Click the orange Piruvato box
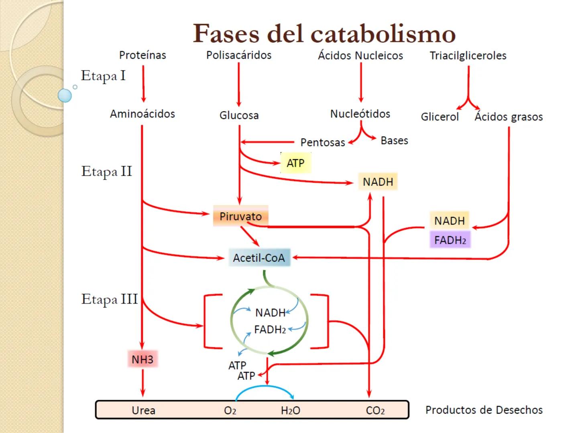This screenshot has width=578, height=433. click(x=240, y=216)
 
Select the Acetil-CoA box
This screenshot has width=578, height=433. click(x=259, y=258)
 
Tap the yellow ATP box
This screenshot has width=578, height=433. click(x=295, y=163)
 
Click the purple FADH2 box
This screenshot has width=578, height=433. click(x=450, y=240)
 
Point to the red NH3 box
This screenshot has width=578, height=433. click(x=142, y=359)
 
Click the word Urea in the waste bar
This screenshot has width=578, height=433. click(x=143, y=410)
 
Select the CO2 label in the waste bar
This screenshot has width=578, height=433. click(x=375, y=411)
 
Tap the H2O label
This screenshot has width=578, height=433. click(x=291, y=411)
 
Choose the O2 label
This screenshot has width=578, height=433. click(x=230, y=411)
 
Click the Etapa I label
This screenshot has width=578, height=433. click(x=103, y=76)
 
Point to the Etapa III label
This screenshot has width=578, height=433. click(x=109, y=299)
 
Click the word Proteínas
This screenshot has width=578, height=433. click(x=142, y=55)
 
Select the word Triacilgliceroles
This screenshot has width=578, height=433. click(x=468, y=56)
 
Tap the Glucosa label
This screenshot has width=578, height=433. click(x=239, y=115)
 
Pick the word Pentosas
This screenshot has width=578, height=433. click(x=323, y=142)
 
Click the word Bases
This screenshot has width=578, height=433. click(x=394, y=141)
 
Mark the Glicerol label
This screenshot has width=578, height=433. click(x=440, y=117)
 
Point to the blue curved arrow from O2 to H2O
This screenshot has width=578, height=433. click(x=265, y=387)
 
